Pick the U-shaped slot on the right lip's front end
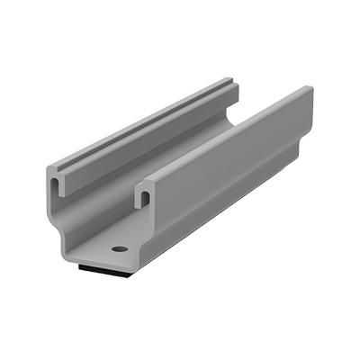tap(142, 193)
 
